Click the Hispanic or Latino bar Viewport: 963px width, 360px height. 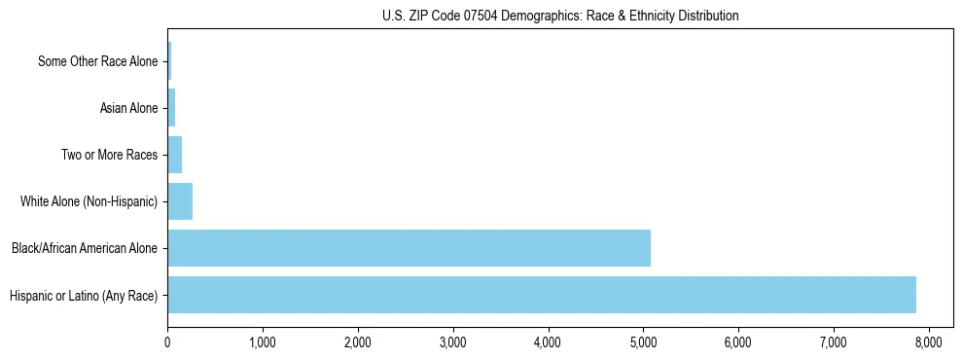pos(541,295)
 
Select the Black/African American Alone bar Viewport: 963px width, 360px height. pos(409,248)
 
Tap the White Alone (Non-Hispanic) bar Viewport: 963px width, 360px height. pos(180,201)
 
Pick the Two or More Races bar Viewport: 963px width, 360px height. pos(175,155)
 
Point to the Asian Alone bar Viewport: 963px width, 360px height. pos(171,108)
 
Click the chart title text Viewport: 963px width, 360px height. pos(560,16)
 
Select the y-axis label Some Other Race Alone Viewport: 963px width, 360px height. pos(97,61)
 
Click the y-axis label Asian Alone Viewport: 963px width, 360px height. pos(128,108)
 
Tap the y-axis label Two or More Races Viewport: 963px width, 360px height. pos(109,155)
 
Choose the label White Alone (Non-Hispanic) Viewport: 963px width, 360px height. pos(89,201)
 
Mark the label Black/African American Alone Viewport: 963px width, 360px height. pos(84,248)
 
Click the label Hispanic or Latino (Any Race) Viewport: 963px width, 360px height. pos(84,295)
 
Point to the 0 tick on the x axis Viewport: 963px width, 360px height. pos(167,342)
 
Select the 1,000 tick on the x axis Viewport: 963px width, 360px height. pos(263,342)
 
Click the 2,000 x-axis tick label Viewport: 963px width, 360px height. pos(357,342)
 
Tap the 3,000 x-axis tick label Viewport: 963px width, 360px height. pos(452,342)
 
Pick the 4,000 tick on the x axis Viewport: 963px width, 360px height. pos(548,342)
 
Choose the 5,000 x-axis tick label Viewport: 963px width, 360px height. pos(643,342)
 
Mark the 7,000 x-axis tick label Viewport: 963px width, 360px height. pos(833,342)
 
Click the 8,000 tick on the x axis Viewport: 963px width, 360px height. pos(928,342)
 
